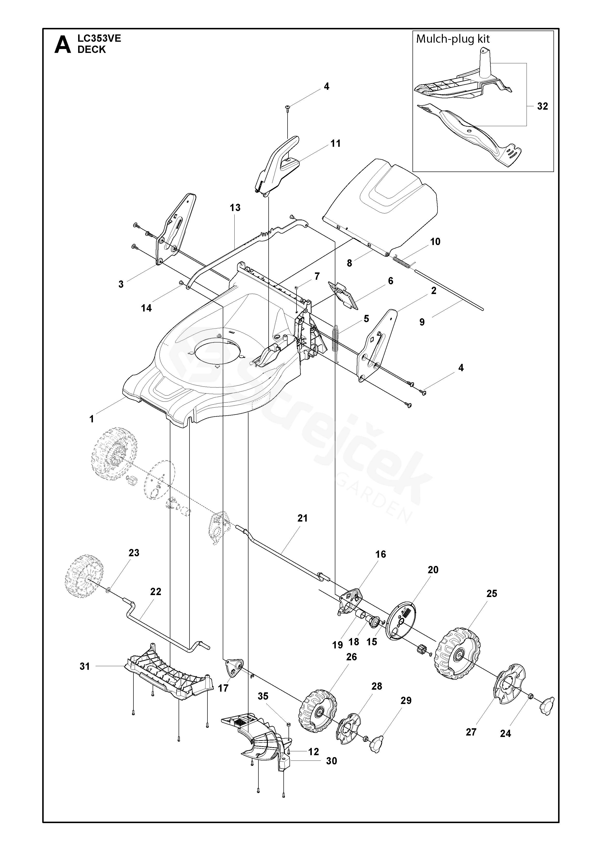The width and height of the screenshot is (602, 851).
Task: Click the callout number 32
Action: pos(542,106)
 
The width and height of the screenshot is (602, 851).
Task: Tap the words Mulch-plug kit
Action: pos(453,39)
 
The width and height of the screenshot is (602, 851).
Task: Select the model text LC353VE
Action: pos(99,39)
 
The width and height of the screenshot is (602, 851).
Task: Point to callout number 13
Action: pos(235,208)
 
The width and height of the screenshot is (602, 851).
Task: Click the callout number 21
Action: pos(303,518)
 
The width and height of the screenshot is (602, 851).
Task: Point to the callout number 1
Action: pos(91,419)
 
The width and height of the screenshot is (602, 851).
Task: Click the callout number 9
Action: pos(422,322)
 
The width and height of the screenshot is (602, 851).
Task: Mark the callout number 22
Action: pos(156,591)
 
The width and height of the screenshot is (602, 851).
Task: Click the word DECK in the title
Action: pos(91,50)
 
